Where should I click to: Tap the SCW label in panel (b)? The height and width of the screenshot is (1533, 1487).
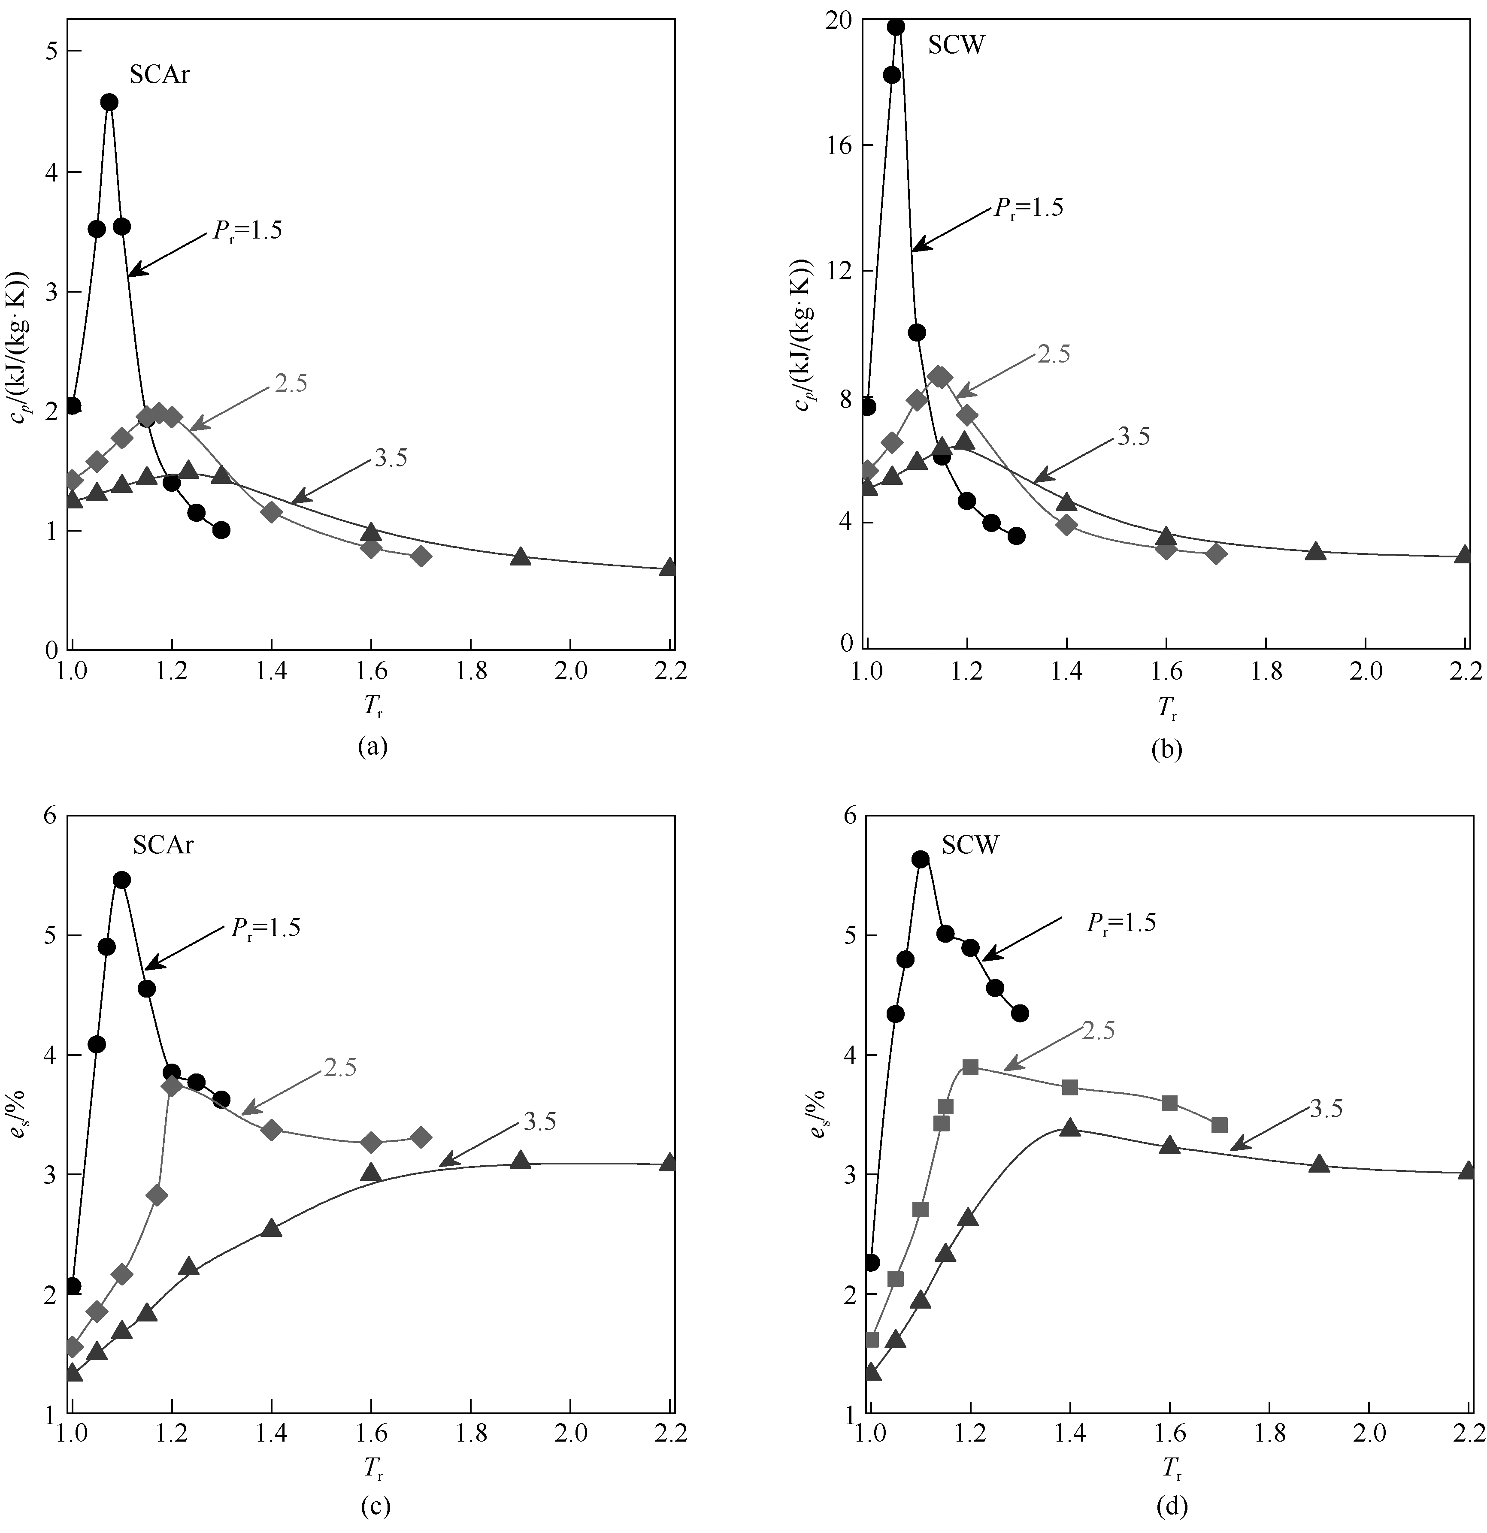(956, 45)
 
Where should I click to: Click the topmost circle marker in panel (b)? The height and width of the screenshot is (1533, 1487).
(896, 27)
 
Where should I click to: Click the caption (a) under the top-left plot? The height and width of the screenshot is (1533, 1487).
(373, 747)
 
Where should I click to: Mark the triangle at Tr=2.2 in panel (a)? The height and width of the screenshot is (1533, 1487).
(668, 566)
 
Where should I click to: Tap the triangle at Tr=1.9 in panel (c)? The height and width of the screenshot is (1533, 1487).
(520, 1159)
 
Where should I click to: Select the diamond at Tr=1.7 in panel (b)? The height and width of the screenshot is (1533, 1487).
(1216, 554)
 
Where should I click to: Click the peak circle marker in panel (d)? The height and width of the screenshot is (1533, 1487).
(921, 859)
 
